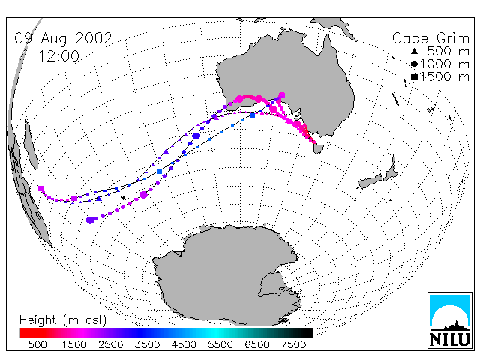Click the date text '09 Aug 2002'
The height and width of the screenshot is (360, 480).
[64, 38]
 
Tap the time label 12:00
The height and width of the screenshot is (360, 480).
[58, 56]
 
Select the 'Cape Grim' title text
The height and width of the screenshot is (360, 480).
[430, 39]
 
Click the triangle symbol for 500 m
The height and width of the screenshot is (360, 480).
[414, 51]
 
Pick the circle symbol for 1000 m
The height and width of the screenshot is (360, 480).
[414, 64]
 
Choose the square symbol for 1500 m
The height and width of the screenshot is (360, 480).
[414, 76]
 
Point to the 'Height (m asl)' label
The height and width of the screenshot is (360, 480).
[63, 320]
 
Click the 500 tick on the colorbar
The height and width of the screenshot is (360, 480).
[37, 344]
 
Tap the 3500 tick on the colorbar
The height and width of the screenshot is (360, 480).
[147, 344]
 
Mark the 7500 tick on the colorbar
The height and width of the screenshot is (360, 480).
[293, 344]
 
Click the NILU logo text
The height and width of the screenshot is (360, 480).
[450, 339]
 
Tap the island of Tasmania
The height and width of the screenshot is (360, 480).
[318, 148]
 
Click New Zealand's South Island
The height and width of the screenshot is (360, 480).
[370, 181]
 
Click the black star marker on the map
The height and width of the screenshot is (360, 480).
[123, 198]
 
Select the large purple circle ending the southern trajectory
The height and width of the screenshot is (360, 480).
[90, 220]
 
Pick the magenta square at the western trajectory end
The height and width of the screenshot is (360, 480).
[41, 188]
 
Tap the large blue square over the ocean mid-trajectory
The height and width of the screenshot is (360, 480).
[160, 171]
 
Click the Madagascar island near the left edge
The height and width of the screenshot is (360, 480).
[31, 145]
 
